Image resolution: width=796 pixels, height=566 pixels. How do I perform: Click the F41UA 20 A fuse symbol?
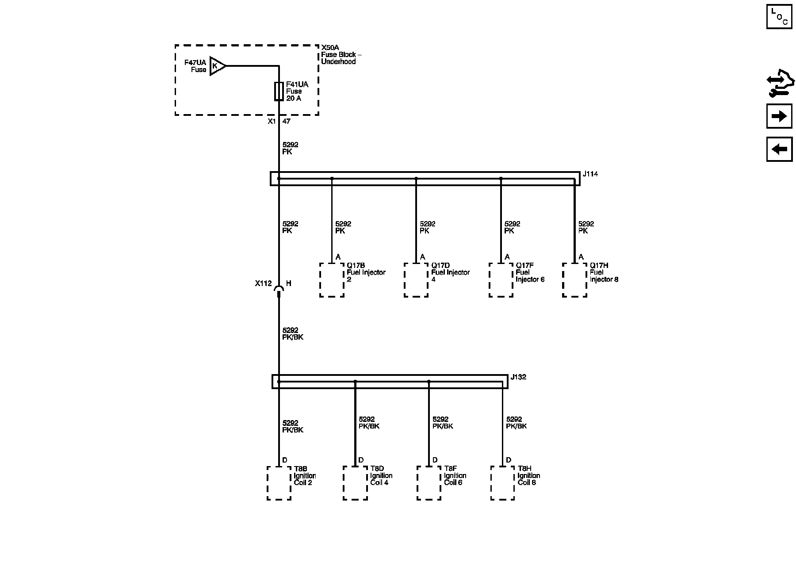tap(279, 91)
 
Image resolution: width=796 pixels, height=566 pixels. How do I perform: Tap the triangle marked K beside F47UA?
tap(217, 66)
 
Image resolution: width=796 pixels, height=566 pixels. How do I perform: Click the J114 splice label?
tap(590, 174)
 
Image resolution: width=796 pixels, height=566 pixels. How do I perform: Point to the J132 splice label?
tap(518, 377)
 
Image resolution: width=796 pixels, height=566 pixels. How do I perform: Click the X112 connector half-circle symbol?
tap(279, 288)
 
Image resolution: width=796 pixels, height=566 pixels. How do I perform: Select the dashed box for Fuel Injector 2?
tap(332, 280)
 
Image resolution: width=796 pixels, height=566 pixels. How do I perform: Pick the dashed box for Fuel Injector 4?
tap(416, 280)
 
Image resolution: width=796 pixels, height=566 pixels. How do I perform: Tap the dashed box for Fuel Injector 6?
tap(501, 280)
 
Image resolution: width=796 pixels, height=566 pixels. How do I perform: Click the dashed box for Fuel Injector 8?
tap(574, 280)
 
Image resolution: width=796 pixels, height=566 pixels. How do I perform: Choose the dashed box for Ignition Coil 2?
tap(279, 483)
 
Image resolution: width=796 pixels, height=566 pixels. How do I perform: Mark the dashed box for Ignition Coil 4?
tap(355, 483)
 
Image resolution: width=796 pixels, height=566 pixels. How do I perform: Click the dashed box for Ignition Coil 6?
tap(429, 483)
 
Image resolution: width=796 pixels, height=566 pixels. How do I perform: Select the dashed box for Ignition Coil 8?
tap(503, 483)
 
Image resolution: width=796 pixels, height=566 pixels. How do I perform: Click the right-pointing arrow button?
tap(779, 116)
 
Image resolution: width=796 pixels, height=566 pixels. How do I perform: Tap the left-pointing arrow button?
tap(779, 149)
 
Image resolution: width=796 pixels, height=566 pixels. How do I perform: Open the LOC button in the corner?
tap(779, 16)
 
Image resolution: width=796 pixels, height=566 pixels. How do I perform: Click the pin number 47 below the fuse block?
tap(287, 121)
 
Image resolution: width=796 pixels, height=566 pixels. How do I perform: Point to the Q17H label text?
tap(599, 265)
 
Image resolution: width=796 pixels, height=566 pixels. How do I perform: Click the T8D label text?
tap(377, 469)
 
